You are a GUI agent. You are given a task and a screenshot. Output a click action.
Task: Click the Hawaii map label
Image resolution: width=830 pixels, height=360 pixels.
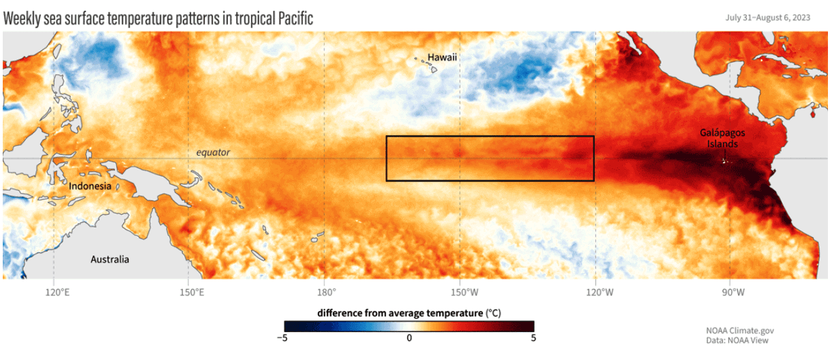pyautogui.click(x=442, y=57)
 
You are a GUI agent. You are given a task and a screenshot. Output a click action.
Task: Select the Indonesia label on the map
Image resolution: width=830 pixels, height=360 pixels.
pyautogui.click(x=90, y=186)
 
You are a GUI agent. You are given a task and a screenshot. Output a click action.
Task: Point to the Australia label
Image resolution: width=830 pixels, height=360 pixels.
pyautogui.click(x=110, y=260)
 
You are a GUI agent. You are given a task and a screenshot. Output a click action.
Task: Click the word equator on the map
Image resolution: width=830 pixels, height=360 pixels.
pyautogui.click(x=213, y=153)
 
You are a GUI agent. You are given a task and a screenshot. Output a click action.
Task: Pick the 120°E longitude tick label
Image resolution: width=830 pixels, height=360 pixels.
pyautogui.click(x=57, y=292)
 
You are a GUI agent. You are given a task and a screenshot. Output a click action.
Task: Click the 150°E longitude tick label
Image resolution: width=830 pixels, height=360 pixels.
pyautogui.click(x=192, y=292)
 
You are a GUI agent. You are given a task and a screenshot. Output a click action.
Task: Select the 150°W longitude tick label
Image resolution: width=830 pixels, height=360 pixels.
pyautogui.click(x=462, y=292)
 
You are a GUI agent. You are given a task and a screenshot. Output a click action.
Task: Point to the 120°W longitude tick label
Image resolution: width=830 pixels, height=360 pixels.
pyautogui.click(x=597, y=292)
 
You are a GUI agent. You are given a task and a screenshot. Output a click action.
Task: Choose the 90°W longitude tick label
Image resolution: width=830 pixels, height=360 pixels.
pyautogui.click(x=733, y=292)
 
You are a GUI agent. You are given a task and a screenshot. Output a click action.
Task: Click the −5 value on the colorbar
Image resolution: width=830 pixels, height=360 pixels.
pyautogui.click(x=284, y=337)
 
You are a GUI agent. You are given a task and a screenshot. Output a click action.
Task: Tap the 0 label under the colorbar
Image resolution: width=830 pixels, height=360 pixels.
pyautogui.click(x=409, y=337)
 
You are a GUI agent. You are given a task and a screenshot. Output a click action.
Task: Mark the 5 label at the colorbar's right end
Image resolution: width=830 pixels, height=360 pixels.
pyautogui.click(x=533, y=337)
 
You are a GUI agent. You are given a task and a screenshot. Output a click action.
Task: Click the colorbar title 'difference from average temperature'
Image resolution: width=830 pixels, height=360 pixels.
pyautogui.click(x=400, y=313)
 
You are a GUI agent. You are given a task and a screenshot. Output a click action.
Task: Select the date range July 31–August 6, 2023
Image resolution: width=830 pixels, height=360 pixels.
pyautogui.click(x=768, y=18)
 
